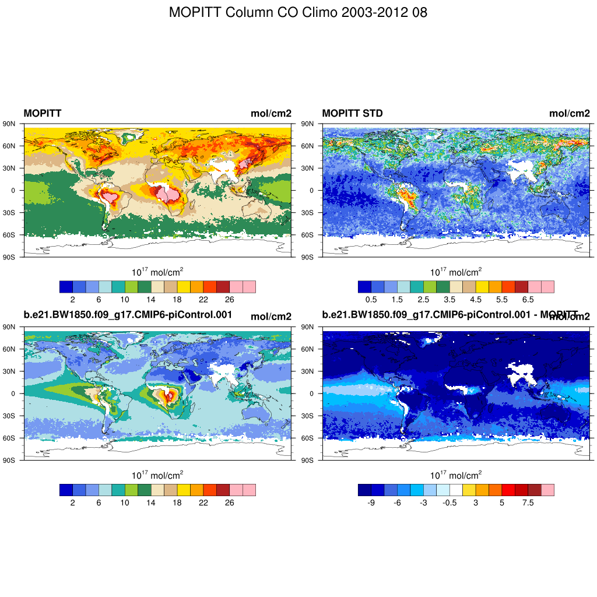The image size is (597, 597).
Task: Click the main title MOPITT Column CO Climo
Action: (298, 12)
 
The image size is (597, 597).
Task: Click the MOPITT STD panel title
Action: (352, 113)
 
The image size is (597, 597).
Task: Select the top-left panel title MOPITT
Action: (42, 113)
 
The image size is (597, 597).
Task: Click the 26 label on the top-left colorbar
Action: (229, 299)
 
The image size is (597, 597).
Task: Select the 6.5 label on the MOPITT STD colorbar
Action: (528, 299)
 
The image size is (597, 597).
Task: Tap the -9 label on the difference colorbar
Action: (371, 503)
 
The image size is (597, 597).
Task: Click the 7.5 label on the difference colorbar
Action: (528, 503)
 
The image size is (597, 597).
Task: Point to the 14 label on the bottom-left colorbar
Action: (150, 503)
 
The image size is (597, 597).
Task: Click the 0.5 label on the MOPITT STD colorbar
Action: (371, 299)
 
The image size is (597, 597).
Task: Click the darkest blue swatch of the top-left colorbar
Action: (66, 286)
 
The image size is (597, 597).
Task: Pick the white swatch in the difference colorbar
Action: (456, 490)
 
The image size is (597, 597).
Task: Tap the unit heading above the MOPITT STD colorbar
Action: (456, 272)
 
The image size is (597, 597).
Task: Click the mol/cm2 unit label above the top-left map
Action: (271, 113)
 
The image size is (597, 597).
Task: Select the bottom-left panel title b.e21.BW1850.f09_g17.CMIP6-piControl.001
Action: (128, 315)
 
